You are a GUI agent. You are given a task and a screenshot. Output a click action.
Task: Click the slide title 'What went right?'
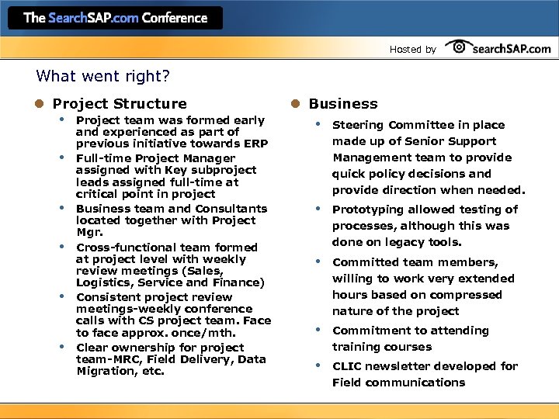coord(102,77)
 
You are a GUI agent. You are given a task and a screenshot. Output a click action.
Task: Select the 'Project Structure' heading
coord(120,104)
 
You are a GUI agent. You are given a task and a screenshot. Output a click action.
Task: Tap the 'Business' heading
coord(343,104)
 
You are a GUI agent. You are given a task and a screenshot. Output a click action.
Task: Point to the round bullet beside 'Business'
coord(296,104)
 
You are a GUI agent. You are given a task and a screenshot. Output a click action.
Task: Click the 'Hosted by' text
coord(412,50)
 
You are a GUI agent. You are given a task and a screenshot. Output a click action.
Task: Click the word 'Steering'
coord(358,125)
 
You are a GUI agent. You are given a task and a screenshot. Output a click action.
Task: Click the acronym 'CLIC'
coord(347,366)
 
